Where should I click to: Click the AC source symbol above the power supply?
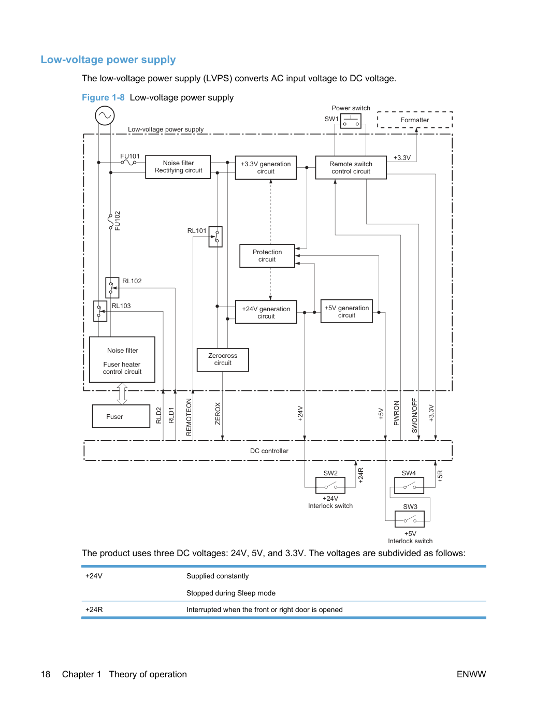105,115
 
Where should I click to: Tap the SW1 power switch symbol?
351,121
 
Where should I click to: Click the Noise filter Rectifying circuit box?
178,167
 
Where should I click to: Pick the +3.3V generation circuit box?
265,167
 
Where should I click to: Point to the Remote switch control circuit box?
351,167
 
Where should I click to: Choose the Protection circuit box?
267,256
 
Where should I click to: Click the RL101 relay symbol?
215,237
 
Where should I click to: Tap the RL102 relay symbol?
112,287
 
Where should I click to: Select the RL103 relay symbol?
100,311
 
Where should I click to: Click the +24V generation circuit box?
266,312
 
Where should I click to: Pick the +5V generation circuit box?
346,311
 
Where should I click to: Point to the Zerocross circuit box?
223,359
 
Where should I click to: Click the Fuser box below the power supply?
121,416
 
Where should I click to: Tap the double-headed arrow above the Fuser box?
122,394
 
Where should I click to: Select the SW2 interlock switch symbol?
330,485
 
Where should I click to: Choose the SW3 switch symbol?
410,519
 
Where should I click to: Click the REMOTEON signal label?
189,417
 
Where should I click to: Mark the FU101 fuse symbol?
128,162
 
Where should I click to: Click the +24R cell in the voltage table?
94,609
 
